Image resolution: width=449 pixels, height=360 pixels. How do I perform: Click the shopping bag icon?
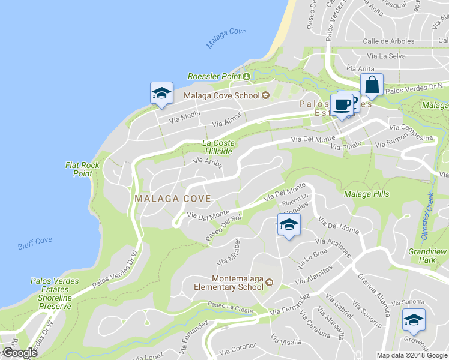(x=372, y=86)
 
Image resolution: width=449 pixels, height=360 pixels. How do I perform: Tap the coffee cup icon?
(x=342, y=104)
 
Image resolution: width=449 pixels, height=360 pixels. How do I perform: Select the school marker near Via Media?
(x=161, y=94)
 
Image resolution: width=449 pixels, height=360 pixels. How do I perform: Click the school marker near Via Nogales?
(x=289, y=225)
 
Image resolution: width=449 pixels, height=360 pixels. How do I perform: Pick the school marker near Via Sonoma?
(x=413, y=320)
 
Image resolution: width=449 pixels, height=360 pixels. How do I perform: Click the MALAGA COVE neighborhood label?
(x=172, y=198)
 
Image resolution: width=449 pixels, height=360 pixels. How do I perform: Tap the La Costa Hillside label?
(x=217, y=147)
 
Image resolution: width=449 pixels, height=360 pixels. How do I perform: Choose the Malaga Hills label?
(x=366, y=194)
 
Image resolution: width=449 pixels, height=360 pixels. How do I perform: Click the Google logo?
(x=20, y=353)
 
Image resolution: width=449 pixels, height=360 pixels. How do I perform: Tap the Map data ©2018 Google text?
(x=412, y=355)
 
